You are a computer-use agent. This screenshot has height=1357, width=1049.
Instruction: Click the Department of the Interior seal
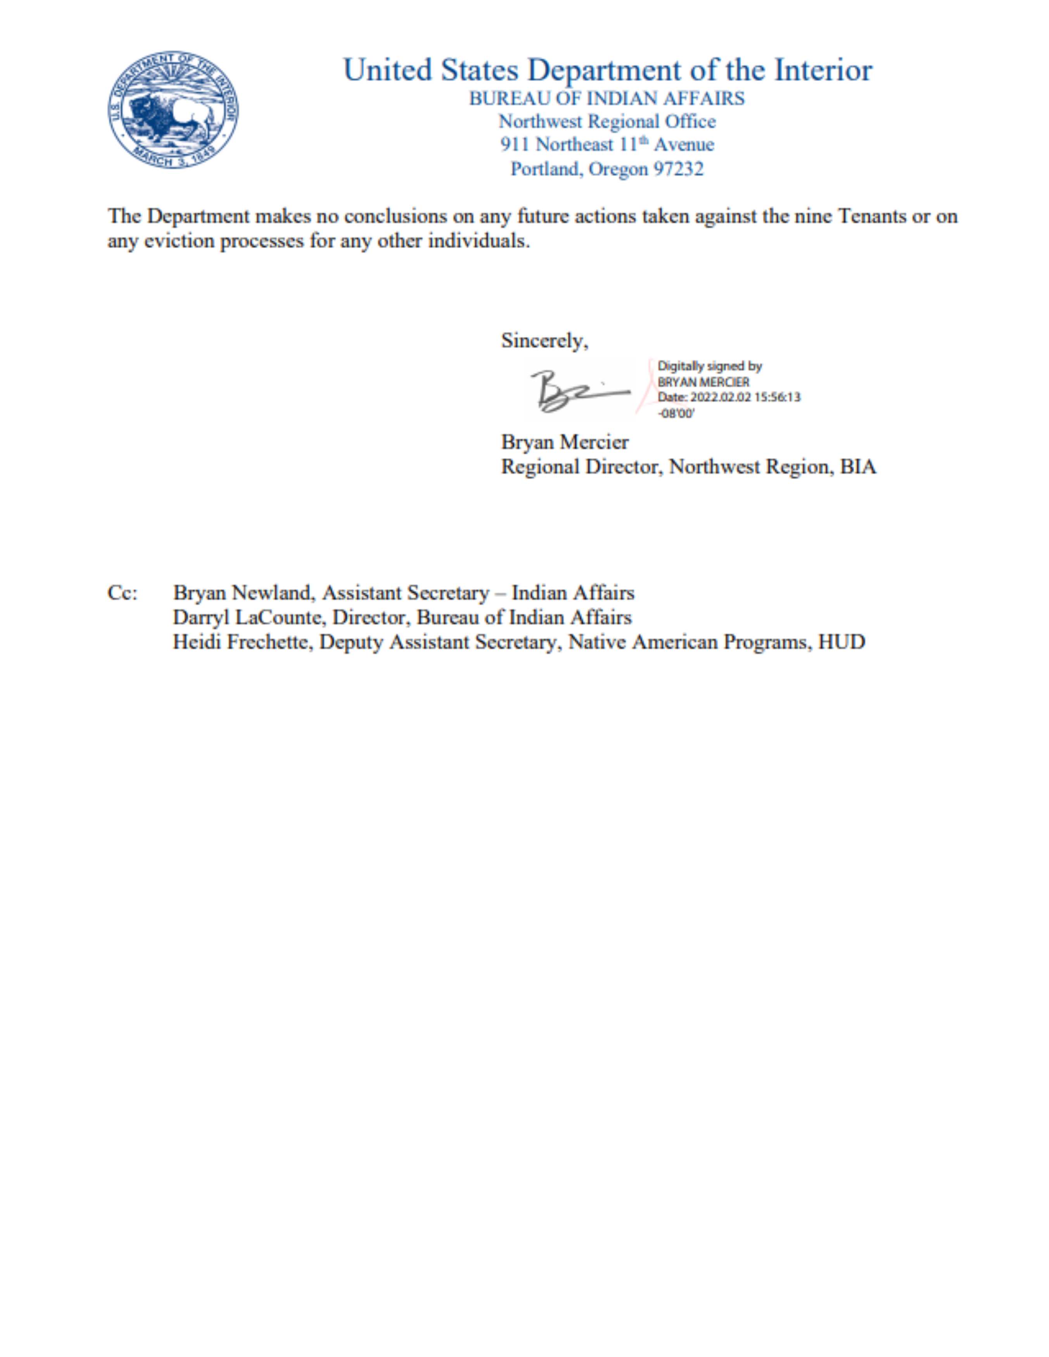click(173, 110)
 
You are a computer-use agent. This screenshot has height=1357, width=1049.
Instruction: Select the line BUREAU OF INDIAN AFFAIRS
click(607, 98)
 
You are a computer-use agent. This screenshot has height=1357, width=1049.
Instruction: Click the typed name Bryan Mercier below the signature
click(564, 442)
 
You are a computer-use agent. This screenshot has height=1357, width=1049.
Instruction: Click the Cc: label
click(123, 593)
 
